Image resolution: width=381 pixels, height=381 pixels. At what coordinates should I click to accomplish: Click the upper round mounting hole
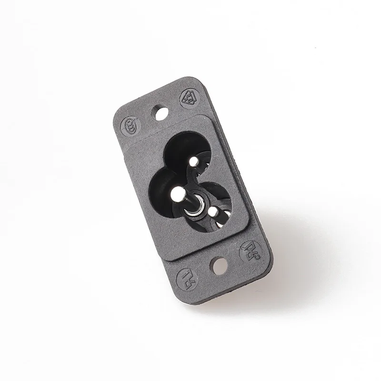[x=160, y=113]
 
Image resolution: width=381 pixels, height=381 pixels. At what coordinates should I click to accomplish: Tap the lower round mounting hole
[x=219, y=266]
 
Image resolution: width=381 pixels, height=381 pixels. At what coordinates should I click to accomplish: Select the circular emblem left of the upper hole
[x=130, y=127]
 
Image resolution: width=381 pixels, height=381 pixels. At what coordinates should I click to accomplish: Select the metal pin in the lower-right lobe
[x=214, y=211]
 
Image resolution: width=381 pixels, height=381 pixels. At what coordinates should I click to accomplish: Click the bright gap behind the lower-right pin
[x=220, y=222]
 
